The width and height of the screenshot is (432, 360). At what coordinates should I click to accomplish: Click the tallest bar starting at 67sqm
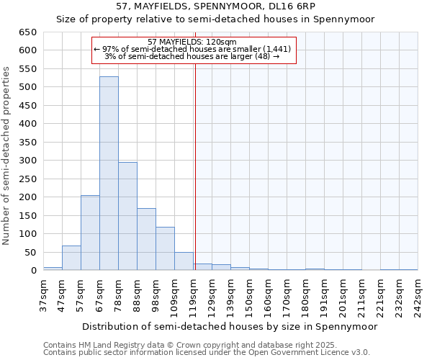click(x=109, y=173)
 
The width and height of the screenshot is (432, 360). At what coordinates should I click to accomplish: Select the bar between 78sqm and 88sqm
click(x=127, y=216)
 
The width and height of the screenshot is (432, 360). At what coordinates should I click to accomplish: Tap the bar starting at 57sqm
click(x=90, y=233)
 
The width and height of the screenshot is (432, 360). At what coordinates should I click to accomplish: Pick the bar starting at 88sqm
click(x=146, y=239)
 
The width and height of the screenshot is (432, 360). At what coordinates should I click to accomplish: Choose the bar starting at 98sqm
click(x=165, y=248)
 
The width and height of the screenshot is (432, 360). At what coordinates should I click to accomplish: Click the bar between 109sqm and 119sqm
click(x=184, y=261)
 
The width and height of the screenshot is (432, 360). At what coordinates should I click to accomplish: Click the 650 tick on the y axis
click(x=27, y=32)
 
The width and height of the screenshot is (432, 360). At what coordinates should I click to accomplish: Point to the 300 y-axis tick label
click(x=27, y=161)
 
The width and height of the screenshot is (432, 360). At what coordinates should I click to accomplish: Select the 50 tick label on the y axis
click(x=30, y=252)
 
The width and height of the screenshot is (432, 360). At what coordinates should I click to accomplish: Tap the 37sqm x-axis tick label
click(x=43, y=294)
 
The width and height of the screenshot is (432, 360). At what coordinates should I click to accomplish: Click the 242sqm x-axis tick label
click(x=418, y=294)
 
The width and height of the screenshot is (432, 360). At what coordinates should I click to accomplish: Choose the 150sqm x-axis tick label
click(x=249, y=294)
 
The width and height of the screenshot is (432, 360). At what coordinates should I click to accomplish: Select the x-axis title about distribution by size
click(x=230, y=326)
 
